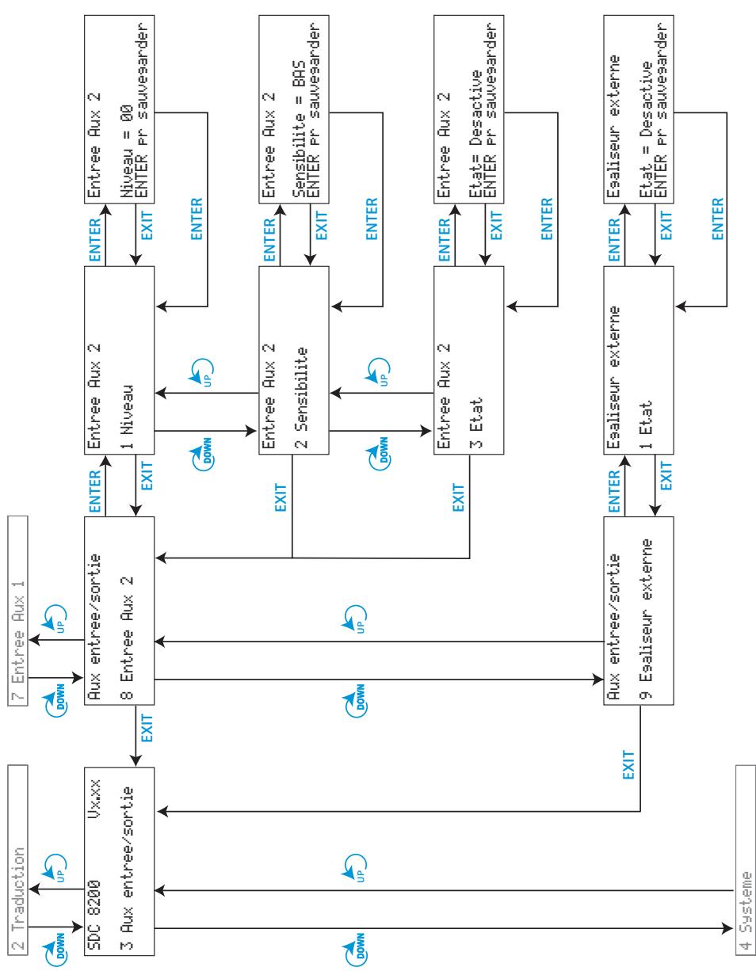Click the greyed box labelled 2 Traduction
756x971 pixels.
[x=17, y=860]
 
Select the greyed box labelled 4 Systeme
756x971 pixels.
[x=745, y=860]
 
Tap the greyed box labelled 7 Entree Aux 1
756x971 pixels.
[x=17, y=611]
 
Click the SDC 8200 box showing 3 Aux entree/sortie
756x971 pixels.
[x=120, y=862]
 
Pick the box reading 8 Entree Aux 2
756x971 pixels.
[x=120, y=611]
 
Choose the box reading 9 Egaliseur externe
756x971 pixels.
[x=639, y=611]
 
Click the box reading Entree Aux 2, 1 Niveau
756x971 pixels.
[x=120, y=360]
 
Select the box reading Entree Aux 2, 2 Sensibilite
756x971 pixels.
[x=294, y=360]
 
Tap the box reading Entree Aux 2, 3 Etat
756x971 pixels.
[x=468, y=360]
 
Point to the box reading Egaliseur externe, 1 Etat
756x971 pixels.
[x=639, y=360]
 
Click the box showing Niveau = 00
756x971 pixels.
[x=120, y=109]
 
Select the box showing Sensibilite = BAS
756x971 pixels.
[x=294, y=109]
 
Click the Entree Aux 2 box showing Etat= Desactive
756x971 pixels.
[x=468, y=109]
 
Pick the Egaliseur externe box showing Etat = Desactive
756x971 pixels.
[x=639, y=109]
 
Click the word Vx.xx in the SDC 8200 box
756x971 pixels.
[x=94, y=799]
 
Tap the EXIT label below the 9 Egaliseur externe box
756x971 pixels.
[x=628, y=765]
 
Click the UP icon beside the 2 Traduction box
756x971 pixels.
[x=55, y=868]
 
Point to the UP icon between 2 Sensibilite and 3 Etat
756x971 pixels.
[x=378, y=371]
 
